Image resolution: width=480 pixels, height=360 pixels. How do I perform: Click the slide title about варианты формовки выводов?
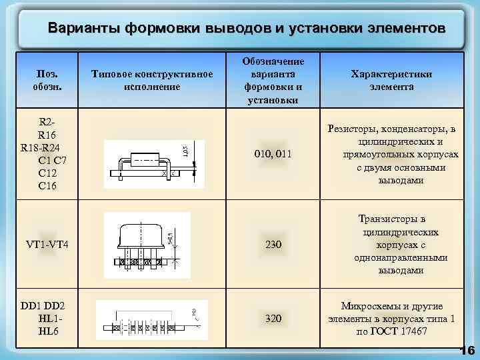pyautogui.click(x=246, y=29)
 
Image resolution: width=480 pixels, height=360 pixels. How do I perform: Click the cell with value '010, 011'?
pyautogui.click(x=273, y=155)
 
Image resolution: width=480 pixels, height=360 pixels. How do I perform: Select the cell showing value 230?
pyautogui.click(x=273, y=245)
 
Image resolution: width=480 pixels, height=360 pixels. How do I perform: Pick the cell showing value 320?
pyautogui.click(x=273, y=319)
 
